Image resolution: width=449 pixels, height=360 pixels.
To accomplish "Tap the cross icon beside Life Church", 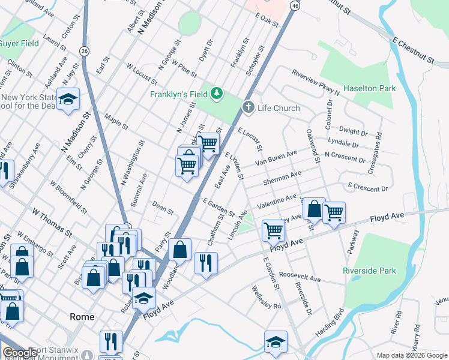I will click(x=248, y=107).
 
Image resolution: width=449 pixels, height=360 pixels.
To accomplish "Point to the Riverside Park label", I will click(x=369, y=271).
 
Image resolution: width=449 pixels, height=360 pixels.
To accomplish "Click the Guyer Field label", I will click(x=19, y=43).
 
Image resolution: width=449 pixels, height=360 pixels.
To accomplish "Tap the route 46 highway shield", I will click(x=294, y=5).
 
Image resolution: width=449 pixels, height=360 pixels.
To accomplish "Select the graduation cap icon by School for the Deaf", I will click(x=68, y=98).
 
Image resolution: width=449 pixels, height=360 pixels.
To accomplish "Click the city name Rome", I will click(x=82, y=316).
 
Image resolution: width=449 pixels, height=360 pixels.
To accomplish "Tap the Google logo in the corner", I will click(x=19, y=353).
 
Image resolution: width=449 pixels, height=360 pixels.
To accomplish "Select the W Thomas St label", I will click(x=52, y=222).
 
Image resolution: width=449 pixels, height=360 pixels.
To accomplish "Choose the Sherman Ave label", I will click(x=282, y=178).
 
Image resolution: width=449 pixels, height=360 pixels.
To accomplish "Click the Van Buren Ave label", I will click(x=276, y=158).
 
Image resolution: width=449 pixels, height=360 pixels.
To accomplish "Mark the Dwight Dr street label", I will click(x=352, y=131).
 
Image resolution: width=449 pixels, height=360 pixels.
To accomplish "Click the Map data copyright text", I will click(x=412, y=355).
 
